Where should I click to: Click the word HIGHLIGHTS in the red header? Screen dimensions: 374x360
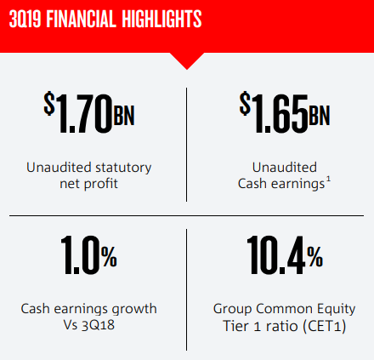click(161, 19)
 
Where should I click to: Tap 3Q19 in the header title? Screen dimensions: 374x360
click(25, 19)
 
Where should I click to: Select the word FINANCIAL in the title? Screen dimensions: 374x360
click(82, 19)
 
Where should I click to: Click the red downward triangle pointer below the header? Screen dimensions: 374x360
click(187, 61)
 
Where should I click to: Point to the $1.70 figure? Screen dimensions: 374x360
click(78, 113)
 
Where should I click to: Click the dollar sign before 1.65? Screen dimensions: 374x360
click(245, 103)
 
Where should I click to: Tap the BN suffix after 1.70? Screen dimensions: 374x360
click(124, 115)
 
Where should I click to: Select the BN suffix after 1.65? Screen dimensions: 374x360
click(320, 115)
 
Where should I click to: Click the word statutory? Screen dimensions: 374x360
click(123, 168)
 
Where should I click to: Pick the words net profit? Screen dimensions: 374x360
click(88, 184)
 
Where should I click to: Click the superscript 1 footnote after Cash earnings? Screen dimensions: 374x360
click(328, 180)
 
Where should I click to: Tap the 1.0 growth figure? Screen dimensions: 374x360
click(81, 254)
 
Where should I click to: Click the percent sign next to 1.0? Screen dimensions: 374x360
click(110, 256)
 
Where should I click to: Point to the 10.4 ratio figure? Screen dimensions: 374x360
click(276, 254)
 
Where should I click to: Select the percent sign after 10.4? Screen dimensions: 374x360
click(315, 256)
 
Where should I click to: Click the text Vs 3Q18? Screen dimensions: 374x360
click(89, 325)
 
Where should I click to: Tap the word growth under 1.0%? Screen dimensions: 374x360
click(134, 309)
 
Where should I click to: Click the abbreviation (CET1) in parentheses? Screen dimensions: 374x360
click(324, 326)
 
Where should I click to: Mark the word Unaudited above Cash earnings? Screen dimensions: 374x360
click(285, 168)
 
